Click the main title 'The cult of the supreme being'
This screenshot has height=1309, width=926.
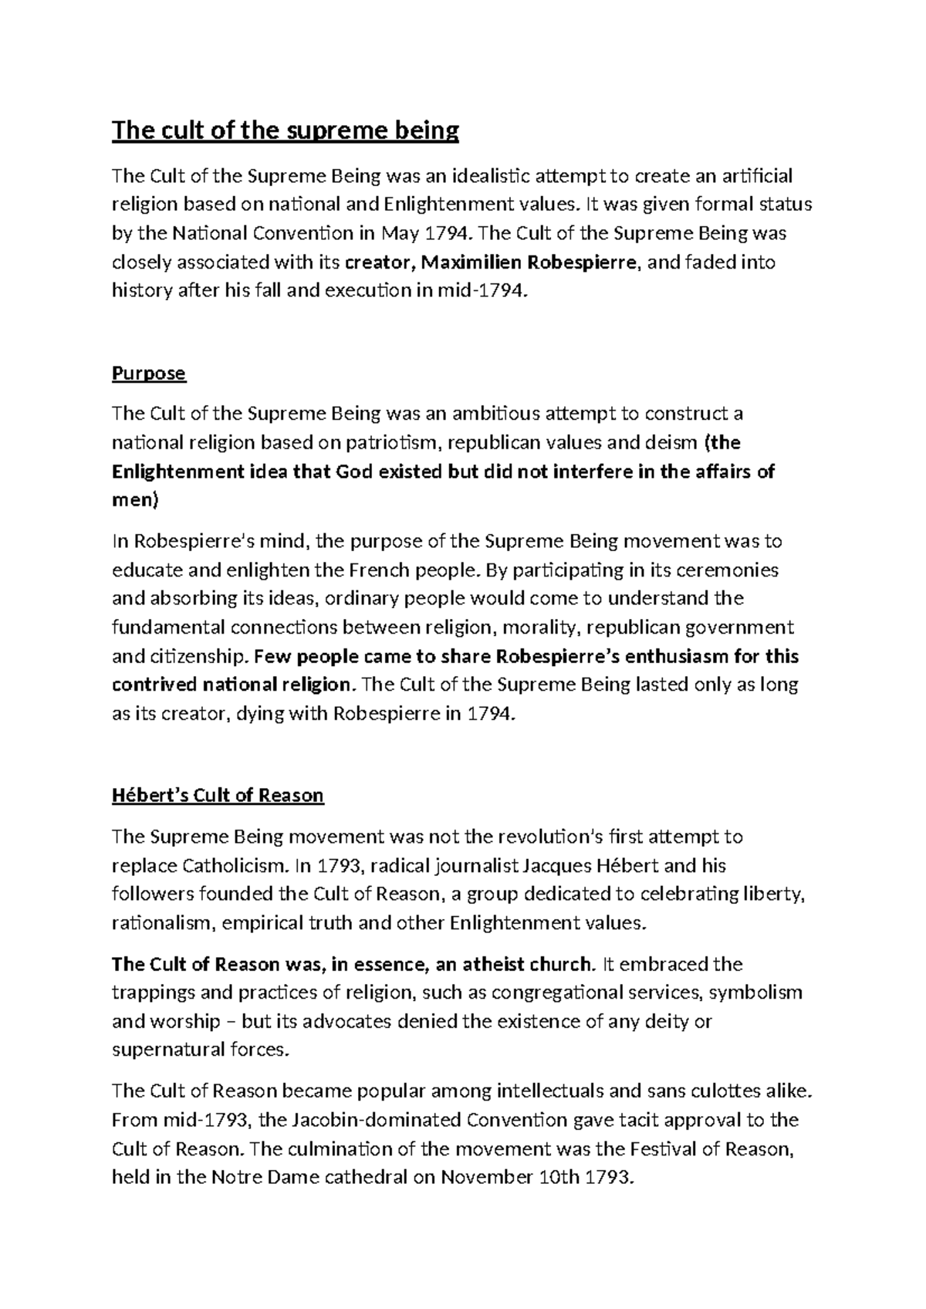point(286,130)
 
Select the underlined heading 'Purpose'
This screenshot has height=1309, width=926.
point(149,374)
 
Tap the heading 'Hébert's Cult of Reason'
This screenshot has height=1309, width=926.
point(218,796)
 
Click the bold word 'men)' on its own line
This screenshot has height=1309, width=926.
point(135,500)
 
